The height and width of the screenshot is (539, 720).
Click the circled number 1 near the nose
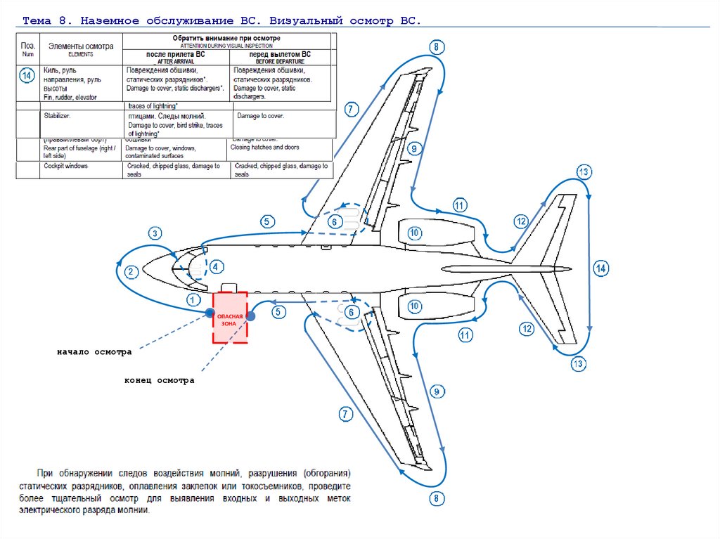pos(193,299)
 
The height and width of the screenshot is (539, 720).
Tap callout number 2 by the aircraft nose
pos(131,272)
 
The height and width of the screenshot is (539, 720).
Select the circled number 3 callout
pos(155,233)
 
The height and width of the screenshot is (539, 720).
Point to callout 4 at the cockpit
pos(216,266)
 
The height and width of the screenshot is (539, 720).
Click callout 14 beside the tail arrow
pos(600,268)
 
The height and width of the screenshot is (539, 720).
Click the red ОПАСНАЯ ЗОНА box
pos(230,317)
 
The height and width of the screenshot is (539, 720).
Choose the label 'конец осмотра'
pos(159,380)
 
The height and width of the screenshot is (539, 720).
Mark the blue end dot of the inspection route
pos(251,316)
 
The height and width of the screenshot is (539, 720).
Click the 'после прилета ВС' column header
pos(175,55)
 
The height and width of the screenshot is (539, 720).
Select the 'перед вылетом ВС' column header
pos(280,55)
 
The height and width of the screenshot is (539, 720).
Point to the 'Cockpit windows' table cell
pos(67,167)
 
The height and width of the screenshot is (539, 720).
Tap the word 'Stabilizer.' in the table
pos(57,115)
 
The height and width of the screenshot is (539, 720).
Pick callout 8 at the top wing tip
pos(436,48)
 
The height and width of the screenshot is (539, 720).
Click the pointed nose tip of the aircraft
pos(143,268)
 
